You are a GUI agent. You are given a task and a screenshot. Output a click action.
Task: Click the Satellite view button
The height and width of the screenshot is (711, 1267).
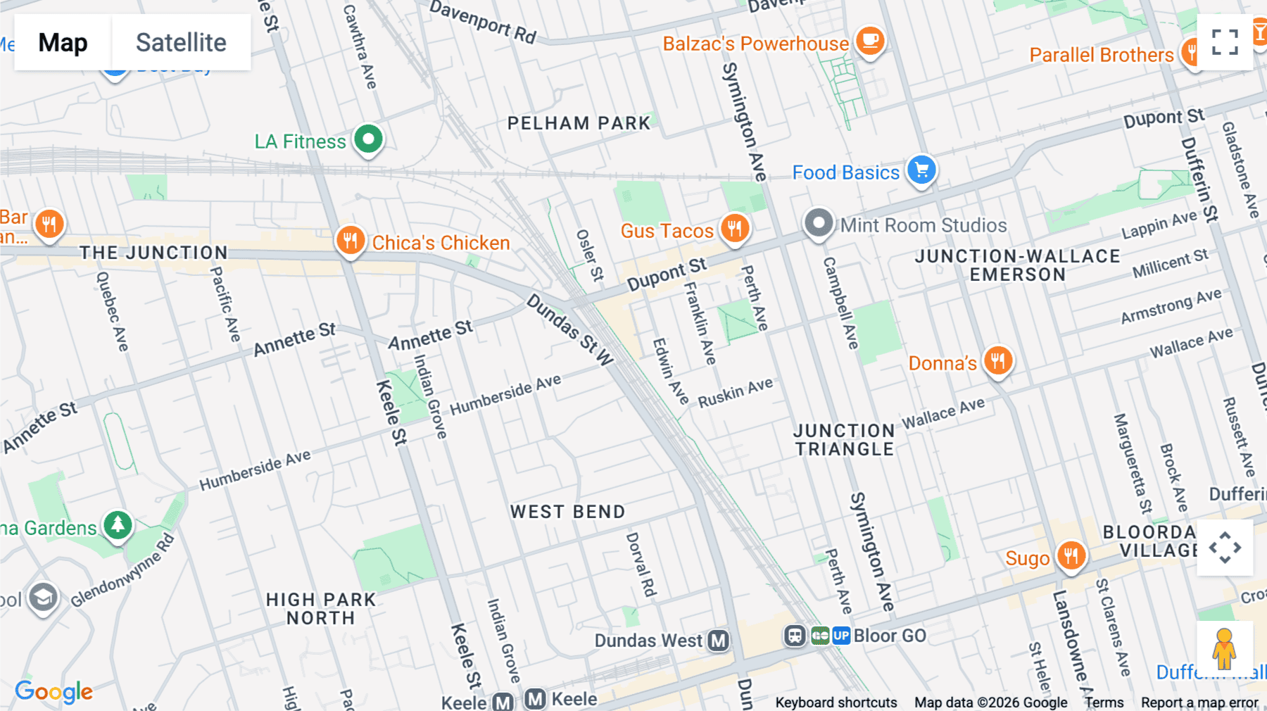(x=181, y=42)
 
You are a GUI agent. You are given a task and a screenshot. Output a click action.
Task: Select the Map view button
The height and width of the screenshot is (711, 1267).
(x=63, y=42)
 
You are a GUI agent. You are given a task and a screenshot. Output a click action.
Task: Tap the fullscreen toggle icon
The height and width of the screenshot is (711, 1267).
(x=1225, y=42)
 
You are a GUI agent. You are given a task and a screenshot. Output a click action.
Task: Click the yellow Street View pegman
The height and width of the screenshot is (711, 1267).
(x=1224, y=648)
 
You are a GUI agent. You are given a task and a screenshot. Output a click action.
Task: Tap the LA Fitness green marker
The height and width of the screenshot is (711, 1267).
(x=368, y=139)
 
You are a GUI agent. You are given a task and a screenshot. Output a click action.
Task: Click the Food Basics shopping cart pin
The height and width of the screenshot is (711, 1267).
(x=921, y=170)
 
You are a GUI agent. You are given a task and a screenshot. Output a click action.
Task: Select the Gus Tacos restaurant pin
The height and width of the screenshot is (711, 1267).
(x=734, y=228)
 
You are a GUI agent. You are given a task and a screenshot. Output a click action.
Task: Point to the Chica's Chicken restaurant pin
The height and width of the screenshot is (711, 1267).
(x=350, y=241)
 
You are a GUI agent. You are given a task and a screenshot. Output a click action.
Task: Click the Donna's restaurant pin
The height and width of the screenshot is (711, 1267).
(x=997, y=360)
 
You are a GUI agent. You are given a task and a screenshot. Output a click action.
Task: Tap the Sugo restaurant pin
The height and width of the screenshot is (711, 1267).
(x=1071, y=555)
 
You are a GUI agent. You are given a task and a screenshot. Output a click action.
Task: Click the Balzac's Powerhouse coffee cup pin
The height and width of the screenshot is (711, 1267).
(x=870, y=41)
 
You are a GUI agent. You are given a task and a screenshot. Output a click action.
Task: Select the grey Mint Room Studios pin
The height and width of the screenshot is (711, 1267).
(x=818, y=223)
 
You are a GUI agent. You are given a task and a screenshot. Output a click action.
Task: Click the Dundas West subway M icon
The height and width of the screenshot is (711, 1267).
(x=718, y=641)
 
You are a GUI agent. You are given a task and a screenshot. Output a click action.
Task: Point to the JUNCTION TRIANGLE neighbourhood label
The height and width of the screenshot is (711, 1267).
(x=844, y=440)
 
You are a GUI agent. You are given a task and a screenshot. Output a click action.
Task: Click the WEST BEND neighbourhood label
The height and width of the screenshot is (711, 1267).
(x=567, y=512)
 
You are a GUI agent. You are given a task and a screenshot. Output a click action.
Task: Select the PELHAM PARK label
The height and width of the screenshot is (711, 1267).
(x=579, y=123)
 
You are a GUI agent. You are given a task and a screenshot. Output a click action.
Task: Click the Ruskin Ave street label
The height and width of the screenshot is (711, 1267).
(x=735, y=393)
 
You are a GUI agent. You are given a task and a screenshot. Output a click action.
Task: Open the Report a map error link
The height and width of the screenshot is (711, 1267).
(x=1199, y=703)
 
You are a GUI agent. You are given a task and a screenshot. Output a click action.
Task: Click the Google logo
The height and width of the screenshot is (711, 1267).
(x=54, y=691)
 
